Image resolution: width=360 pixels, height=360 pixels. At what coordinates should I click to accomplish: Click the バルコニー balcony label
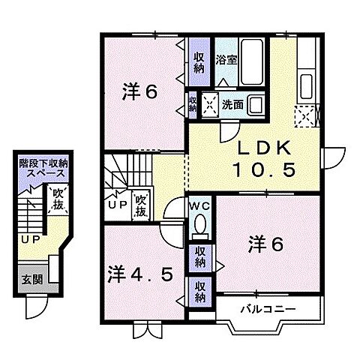266,308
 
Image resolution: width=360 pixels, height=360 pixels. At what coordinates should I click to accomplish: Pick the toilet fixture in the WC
199,224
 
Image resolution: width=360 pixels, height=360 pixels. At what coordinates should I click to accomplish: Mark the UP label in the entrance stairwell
29,239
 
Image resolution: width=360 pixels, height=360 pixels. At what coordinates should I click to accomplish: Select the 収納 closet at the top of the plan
199,62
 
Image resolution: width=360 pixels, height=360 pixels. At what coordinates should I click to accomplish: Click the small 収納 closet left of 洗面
193,103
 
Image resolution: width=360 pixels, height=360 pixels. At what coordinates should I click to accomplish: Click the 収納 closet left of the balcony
199,290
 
